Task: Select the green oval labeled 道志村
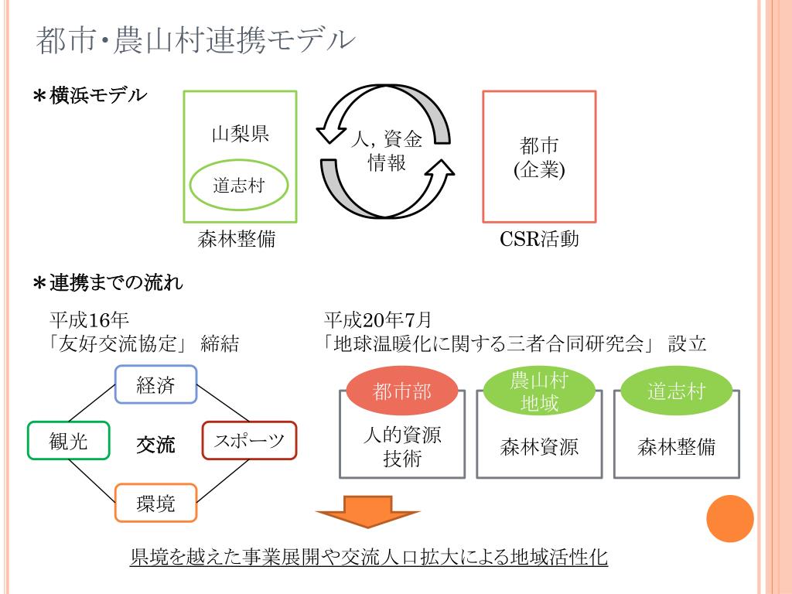tap(239, 186)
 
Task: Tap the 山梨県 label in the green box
tap(240, 135)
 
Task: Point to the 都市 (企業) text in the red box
tap(539, 158)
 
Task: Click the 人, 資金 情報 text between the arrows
tap(386, 152)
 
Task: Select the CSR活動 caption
tap(539, 240)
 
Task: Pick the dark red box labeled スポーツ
tap(249, 441)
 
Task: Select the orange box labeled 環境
tap(155, 504)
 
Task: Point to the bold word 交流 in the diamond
tap(155, 445)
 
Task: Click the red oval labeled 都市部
tap(402, 391)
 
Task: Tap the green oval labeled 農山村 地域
tap(539, 391)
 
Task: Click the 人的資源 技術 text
tap(402, 446)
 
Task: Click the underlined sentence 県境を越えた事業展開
tap(369, 558)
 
